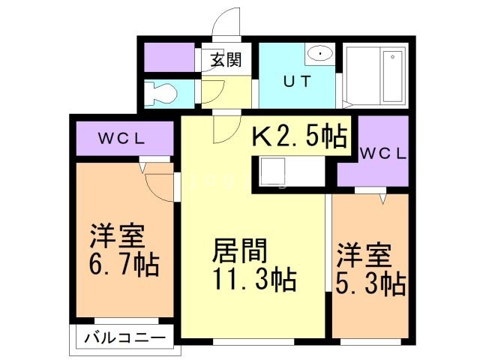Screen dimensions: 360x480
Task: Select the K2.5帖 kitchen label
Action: (x=298, y=136)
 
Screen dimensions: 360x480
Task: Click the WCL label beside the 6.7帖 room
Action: (x=124, y=139)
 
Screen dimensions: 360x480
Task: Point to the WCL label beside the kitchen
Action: (x=382, y=154)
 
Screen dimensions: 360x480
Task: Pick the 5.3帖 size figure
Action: (x=371, y=285)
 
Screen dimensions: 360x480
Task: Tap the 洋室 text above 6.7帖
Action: (x=118, y=236)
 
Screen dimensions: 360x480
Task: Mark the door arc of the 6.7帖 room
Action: (x=159, y=184)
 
